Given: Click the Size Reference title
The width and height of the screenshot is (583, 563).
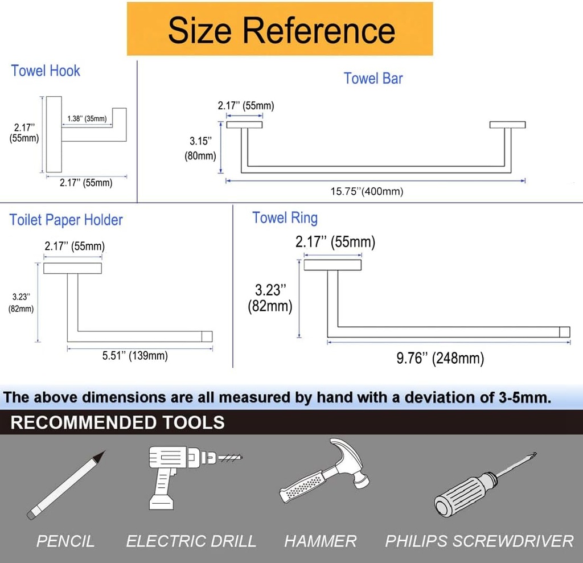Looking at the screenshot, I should pyautogui.click(x=281, y=30).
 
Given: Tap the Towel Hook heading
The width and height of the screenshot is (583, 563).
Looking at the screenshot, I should pyautogui.click(x=46, y=71).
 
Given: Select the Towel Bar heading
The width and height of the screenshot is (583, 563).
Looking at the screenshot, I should pyautogui.click(x=373, y=78).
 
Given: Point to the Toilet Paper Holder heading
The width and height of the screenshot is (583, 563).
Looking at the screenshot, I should pyautogui.click(x=66, y=220).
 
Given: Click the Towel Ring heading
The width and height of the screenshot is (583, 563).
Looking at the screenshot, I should pyautogui.click(x=285, y=217).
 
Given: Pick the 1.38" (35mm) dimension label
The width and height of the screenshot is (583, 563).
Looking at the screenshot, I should pyautogui.click(x=87, y=118).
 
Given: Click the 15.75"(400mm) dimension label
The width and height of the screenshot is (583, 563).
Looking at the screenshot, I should pyautogui.click(x=367, y=191).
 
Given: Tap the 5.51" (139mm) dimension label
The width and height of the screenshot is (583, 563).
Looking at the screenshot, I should pyautogui.click(x=135, y=356).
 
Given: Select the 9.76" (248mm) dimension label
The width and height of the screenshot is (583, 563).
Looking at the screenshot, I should pyautogui.click(x=440, y=358).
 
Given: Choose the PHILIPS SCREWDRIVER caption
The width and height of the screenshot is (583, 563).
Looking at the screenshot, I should pyautogui.click(x=479, y=541).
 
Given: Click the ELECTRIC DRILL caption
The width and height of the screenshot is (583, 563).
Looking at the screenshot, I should pyautogui.click(x=191, y=541).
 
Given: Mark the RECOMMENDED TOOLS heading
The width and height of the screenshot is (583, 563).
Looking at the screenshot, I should pyautogui.click(x=117, y=422).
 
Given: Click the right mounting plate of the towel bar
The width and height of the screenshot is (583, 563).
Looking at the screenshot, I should pyautogui.click(x=507, y=125).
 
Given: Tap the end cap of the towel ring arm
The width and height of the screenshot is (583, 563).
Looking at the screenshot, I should pyautogui.click(x=564, y=332).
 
